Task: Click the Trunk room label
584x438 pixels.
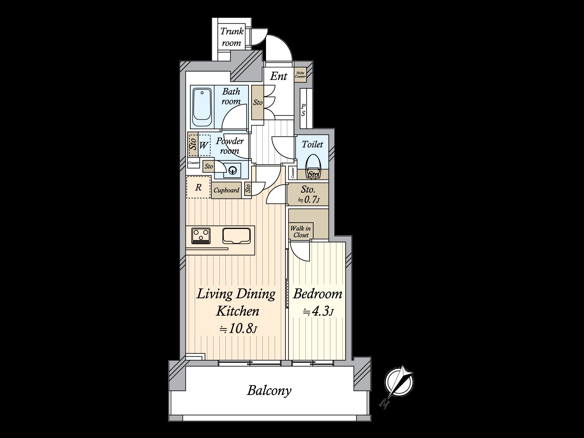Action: (232, 37)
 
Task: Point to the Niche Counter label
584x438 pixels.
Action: (300, 75)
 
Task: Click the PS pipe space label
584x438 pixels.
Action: (303, 110)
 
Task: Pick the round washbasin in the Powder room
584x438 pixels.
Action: (233, 169)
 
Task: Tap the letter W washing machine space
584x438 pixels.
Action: (203, 145)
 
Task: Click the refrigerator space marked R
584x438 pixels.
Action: (199, 188)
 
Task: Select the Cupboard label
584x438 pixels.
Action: (226, 190)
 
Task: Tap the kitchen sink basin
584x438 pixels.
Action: (236, 235)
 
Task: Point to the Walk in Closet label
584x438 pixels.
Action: (301, 232)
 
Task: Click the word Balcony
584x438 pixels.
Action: (269, 391)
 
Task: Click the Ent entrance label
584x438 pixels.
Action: (278, 76)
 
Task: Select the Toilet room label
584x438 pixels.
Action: (312, 145)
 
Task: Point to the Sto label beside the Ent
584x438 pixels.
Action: (258, 103)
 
